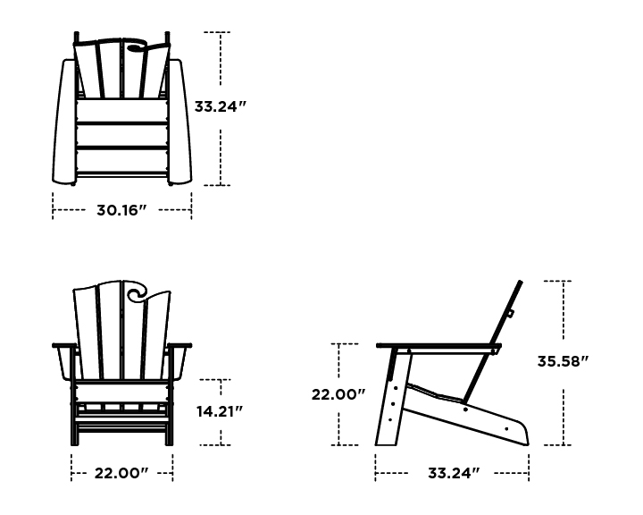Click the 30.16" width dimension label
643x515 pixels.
[x=121, y=210]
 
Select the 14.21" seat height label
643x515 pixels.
[x=220, y=411]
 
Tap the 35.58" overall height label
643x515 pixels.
[x=563, y=361]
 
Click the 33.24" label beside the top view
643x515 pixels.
[x=221, y=106]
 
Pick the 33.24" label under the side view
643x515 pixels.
[x=454, y=473]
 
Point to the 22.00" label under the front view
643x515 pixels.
[x=121, y=473]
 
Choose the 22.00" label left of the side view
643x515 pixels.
[x=338, y=394]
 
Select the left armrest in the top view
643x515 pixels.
[x=63, y=122]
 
